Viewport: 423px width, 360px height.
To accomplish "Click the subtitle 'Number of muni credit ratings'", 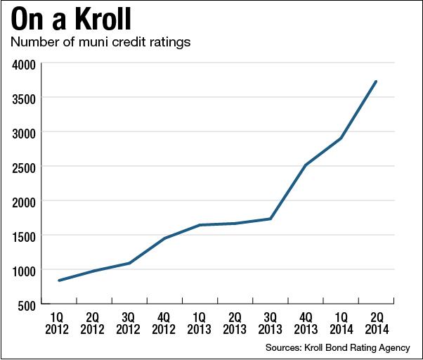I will (x=100, y=43).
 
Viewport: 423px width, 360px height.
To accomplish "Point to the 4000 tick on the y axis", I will (x=26, y=65).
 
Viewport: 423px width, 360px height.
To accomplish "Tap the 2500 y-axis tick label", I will (x=26, y=167).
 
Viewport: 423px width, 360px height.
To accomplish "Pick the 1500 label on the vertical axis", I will (x=26, y=236).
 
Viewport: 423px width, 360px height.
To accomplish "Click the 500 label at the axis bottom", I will (x=29, y=304).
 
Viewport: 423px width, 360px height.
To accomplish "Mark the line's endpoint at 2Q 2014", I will (x=376, y=82).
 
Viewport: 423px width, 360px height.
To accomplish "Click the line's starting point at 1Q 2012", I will (x=59, y=281).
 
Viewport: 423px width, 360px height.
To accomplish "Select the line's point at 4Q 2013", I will (x=305, y=165).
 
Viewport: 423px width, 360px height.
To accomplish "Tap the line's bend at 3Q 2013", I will (x=270, y=219).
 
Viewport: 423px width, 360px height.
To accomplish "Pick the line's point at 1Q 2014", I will (x=341, y=138).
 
